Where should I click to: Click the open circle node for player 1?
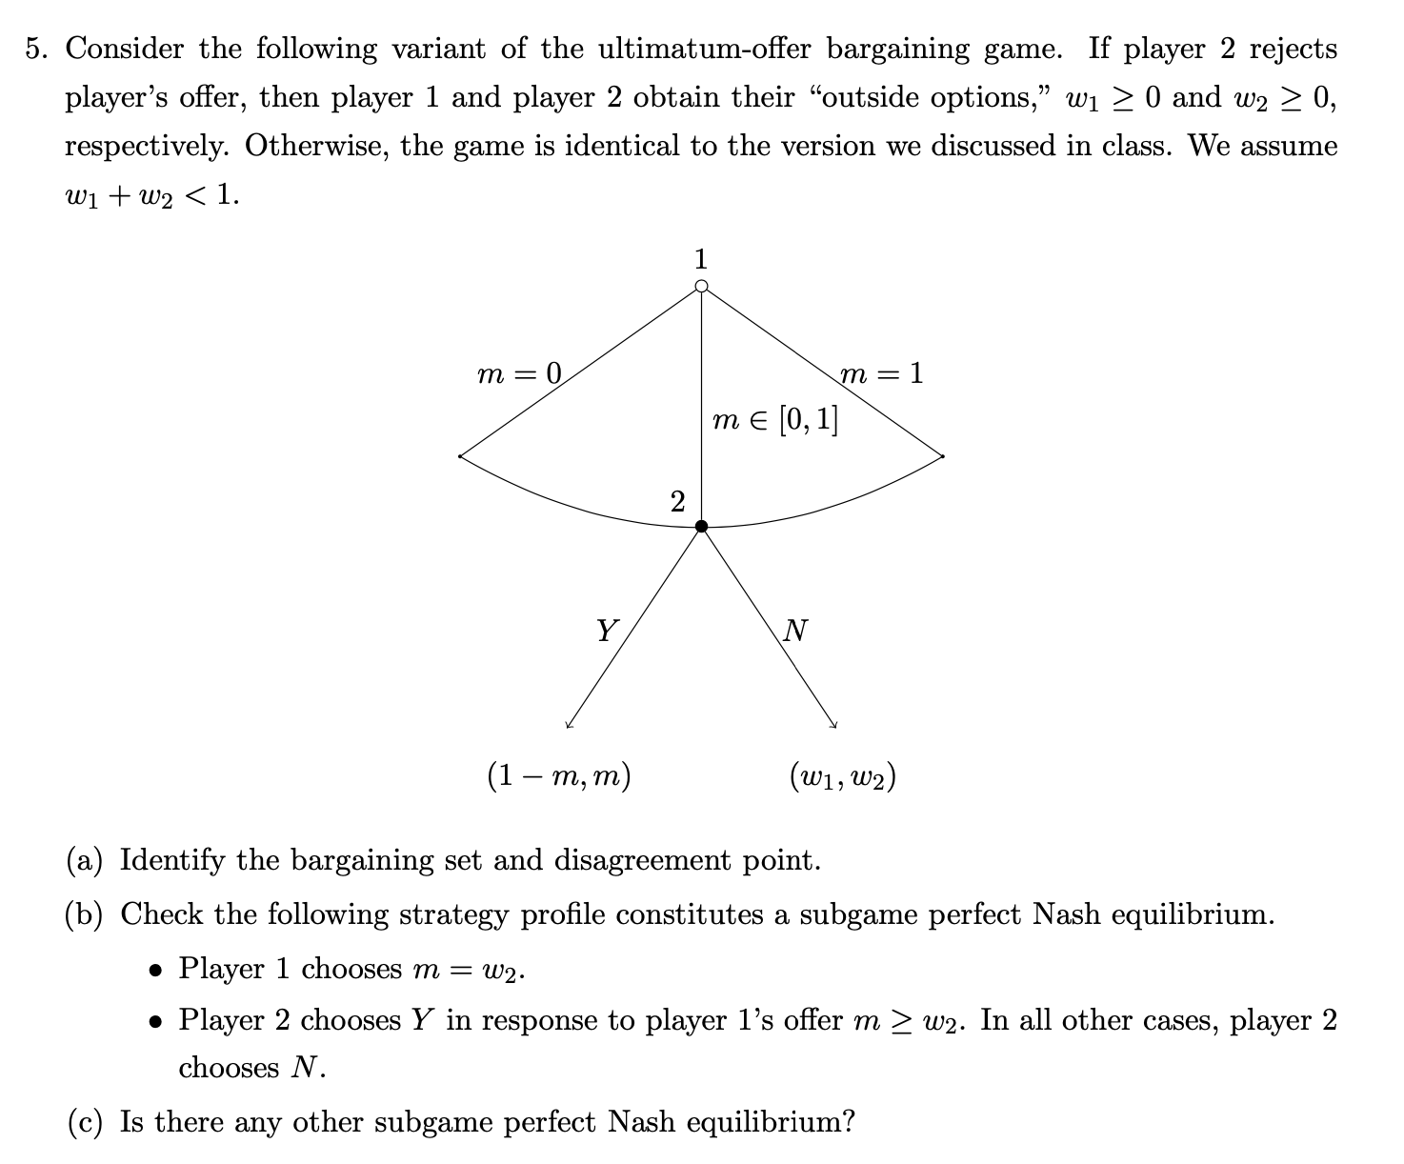point(702,286)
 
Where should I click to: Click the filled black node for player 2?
point(702,526)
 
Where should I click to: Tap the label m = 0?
point(519,373)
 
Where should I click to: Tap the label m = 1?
point(882,373)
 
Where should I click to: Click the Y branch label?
point(606,630)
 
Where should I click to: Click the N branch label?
point(795,630)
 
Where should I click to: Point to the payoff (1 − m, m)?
point(559,776)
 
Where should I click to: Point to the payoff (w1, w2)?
point(842,776)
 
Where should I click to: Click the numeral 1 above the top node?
point(702,257)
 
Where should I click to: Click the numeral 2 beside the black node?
point(677,501)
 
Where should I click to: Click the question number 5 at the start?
point(36,50)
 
